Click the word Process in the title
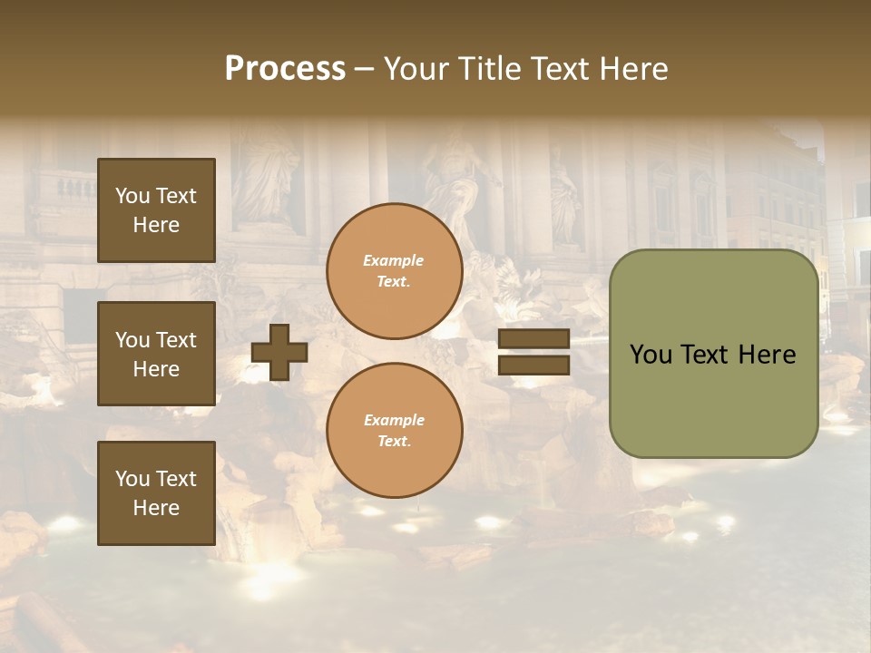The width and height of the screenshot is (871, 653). [285, 69]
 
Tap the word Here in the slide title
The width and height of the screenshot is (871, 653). [632, 69]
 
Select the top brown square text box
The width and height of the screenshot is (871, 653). [156, 210]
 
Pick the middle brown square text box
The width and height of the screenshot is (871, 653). [156, 354]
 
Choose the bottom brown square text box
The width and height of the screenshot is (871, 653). [156, 493]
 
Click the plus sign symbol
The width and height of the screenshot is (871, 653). [279, 352]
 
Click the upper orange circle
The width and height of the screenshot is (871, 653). [394, 271]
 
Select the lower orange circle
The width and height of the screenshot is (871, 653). [394, 431]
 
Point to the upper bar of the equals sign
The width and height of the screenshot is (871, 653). [534, 339]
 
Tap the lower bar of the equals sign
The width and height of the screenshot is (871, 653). [534, 365]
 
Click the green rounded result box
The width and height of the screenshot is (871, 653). [713, 354]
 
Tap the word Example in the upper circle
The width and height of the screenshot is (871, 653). [394, 261]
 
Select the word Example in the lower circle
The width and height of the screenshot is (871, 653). [394, 421]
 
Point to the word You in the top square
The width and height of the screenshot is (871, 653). [132, 196]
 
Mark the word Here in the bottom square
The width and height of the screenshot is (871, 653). [156, 508]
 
